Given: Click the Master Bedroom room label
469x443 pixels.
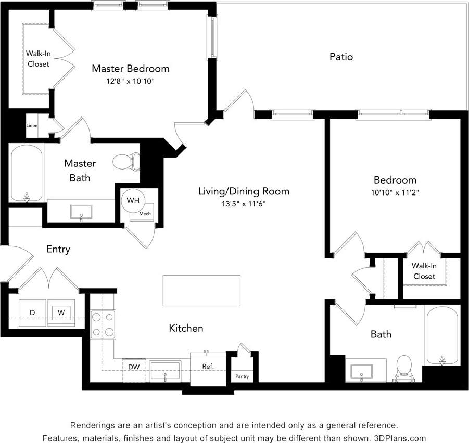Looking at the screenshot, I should (131, 68).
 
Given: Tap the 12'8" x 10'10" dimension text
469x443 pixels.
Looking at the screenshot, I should (131, 81).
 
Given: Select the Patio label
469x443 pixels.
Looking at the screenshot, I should (341, 57).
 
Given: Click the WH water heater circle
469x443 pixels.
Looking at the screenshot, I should (133, 200).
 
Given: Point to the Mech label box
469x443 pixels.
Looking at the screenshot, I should (144, 213).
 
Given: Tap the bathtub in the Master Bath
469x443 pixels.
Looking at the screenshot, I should (27, 173).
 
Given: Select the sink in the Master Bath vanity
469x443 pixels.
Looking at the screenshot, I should (81, 212).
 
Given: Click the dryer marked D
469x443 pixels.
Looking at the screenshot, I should (32, 312).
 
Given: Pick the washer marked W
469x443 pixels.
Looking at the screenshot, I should (61, 312).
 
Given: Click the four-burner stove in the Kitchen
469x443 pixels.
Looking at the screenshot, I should (103, 324).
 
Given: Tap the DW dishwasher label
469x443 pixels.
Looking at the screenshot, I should (134, 367).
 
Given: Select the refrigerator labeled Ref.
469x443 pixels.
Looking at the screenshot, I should (208, 367).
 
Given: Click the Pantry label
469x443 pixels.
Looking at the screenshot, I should (242, 376).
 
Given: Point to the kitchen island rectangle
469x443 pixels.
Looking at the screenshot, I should (201, 291).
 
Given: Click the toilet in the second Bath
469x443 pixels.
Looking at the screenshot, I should (404, 367).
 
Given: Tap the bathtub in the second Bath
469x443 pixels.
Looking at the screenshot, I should (442, 335).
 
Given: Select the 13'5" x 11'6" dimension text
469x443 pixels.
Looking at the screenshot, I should (244, 204).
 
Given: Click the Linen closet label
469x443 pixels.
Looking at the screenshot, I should (32, 125).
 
